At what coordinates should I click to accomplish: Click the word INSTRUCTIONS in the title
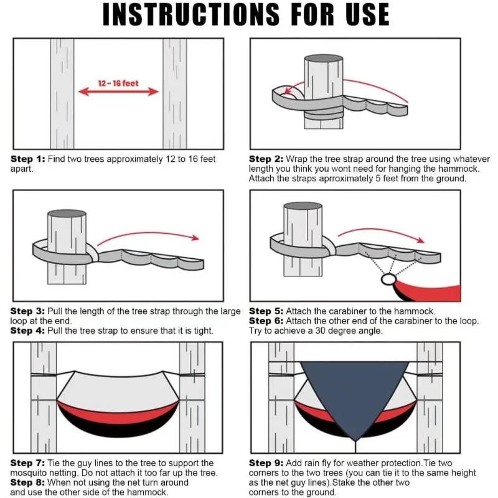coord(191,14)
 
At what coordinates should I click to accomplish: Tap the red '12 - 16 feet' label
coord(118,83)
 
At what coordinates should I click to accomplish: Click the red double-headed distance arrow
coord(118,92)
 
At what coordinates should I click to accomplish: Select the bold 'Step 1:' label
coord(28,159)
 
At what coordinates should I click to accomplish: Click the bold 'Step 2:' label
coord(266,159)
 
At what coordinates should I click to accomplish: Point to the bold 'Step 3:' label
coord(27,311)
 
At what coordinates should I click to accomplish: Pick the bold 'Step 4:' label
coord(27,331)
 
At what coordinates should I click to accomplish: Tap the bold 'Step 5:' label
coord(266,311)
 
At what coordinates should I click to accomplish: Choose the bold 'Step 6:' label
coord(266,321)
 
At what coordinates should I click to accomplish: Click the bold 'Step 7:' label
coord(27,463)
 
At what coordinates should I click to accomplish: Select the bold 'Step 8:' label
coord(27,482)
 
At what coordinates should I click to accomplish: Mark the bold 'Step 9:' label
coord(266,463)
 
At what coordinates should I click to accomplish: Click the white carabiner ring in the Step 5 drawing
coord(388,275)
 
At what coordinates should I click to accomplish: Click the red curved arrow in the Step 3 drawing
coord(148,234)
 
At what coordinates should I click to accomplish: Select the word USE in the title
coord(367,14)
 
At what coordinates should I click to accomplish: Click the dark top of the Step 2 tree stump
coord(323,58)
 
